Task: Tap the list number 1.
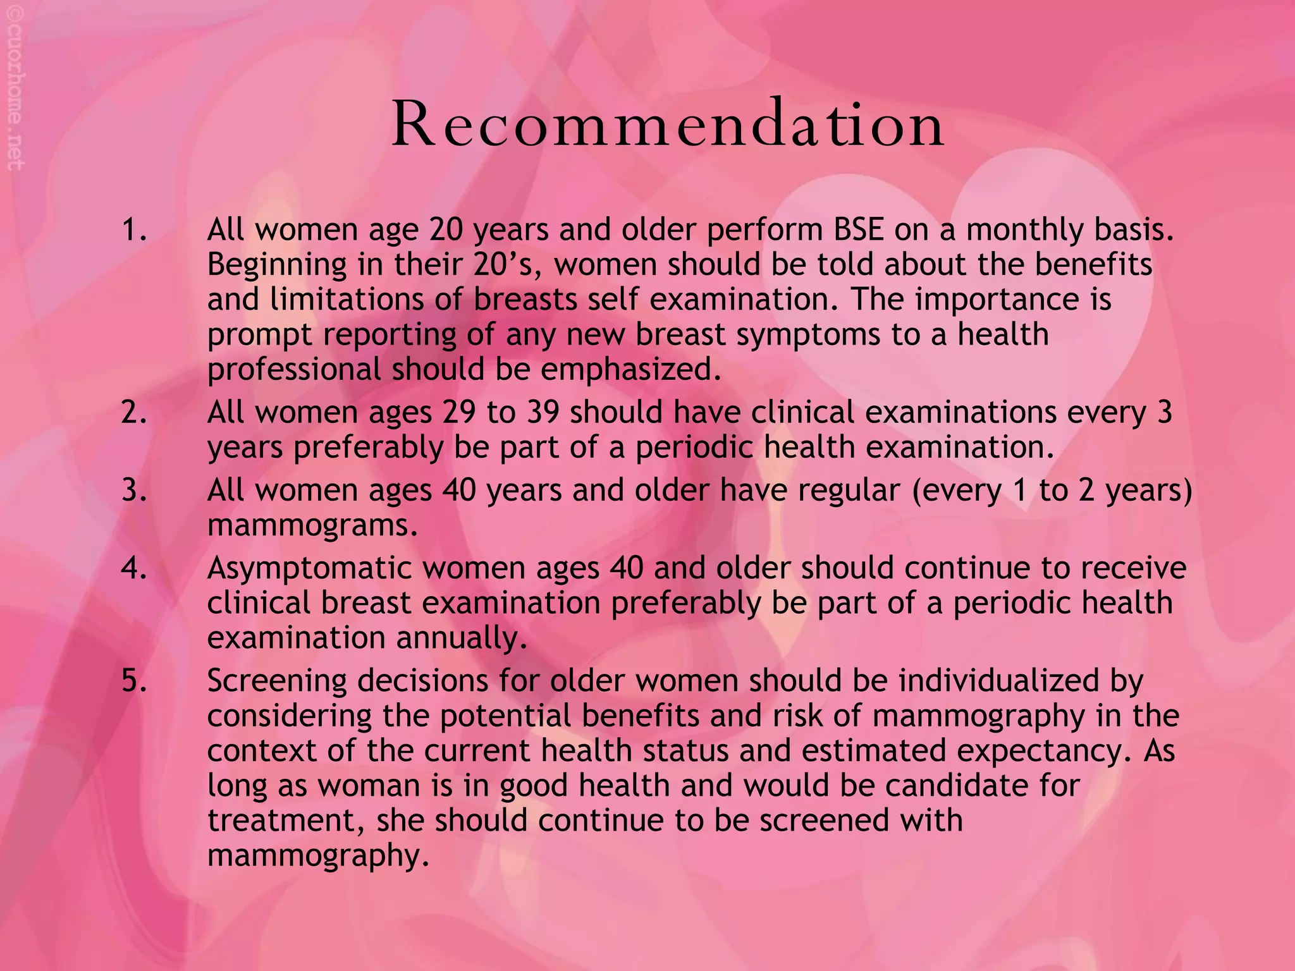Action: pyautogui.click(x=133, y=230)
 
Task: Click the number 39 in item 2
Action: pyautogui.click(x=542, y=413)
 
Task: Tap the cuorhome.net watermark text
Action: pyautogui.click(x=16, y=95)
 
